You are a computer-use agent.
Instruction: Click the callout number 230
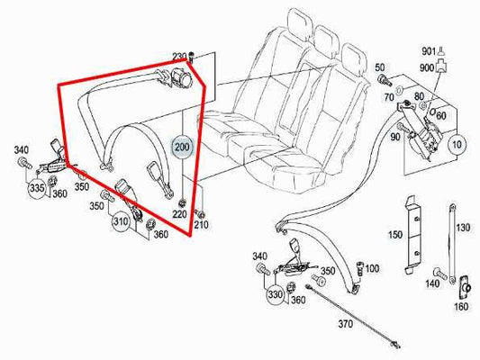(179, 56)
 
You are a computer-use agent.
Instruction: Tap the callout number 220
(180, 215)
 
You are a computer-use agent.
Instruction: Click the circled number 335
(37, 189)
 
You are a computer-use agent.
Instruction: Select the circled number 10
(457, 143)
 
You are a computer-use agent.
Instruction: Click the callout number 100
(372, 269)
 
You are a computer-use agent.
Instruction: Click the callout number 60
(441, 116)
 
